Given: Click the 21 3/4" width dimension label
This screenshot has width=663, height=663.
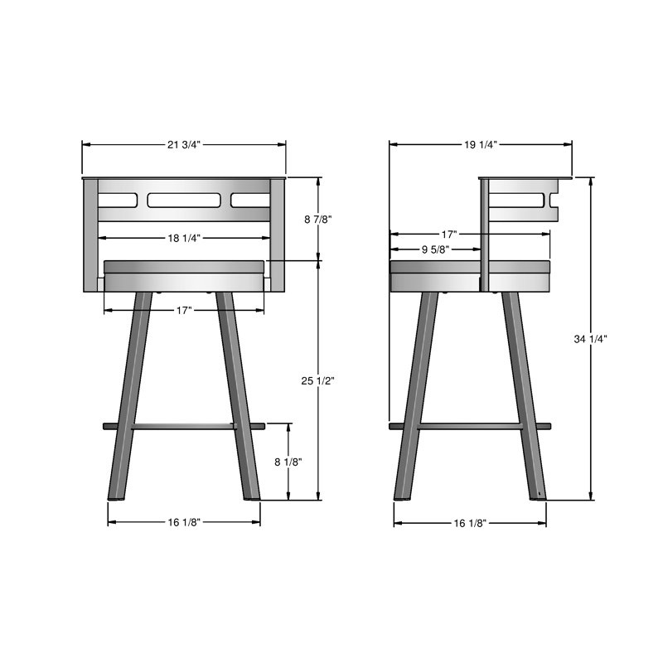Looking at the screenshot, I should coord(184,144).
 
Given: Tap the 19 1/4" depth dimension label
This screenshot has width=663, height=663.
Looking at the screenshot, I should coord(481,144).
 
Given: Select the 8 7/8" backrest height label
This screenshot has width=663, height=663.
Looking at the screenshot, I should coord(318,220).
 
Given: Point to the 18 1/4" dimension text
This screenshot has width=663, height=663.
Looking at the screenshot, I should coord(184,238).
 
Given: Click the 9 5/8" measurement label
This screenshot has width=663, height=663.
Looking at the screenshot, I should coord(434,249).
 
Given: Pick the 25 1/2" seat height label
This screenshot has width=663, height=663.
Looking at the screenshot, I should coord(318,380).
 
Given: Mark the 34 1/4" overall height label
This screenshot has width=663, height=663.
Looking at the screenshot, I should coord(591,338).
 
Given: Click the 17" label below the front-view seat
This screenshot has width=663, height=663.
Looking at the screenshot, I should coord(184,310).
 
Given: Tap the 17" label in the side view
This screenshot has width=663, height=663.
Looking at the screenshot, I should coord(448,234).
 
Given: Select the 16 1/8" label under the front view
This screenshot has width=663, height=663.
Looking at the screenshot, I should coord(184,522).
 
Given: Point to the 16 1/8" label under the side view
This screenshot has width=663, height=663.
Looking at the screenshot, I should coord(470,523).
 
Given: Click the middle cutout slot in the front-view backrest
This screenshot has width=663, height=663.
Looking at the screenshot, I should coord(184,200).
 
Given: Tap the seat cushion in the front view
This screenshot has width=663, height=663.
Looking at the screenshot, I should coord(184,275).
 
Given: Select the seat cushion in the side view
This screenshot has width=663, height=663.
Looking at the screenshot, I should coord(435,276).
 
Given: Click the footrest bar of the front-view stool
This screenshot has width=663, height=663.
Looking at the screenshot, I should coord(184,426).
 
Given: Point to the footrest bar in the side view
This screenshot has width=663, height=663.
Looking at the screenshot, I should coord(469,426).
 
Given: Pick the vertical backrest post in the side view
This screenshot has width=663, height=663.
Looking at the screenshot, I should coord(483,232).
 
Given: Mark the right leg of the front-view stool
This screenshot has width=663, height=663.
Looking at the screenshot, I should coord(240,398).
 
